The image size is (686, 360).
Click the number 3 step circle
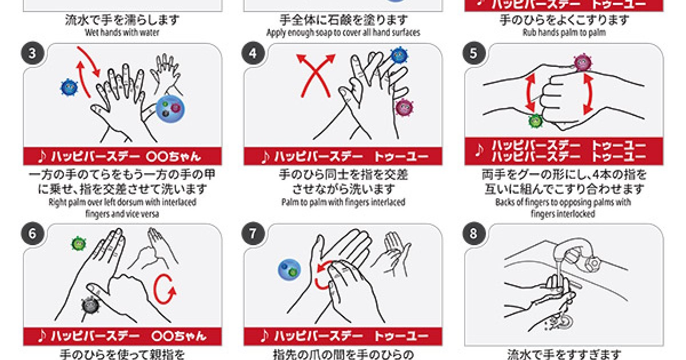coord(32,54)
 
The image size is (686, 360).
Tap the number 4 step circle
coord(253,54)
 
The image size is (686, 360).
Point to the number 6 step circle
coord(32,234)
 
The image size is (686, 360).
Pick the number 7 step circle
coord(253,234)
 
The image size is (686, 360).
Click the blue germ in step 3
coord(69,87)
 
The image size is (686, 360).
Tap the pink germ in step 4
coord(404,107)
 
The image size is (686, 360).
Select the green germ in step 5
coord(535,121)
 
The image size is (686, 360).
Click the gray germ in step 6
coord(90,306)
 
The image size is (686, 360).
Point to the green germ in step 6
coord(78,244)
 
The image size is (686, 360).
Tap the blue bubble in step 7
coord(289,270)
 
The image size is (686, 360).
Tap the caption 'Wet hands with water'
coord(122,33)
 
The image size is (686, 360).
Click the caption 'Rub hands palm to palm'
coord(564,33)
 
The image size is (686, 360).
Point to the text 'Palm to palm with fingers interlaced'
coord(343,202)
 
